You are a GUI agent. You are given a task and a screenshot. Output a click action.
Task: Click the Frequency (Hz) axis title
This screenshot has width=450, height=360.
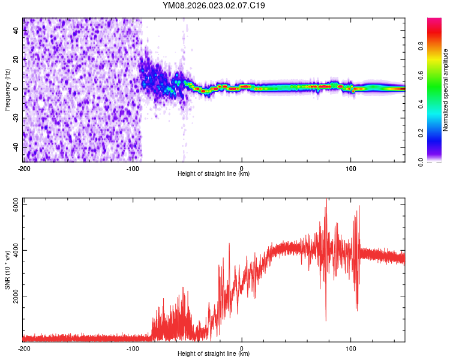(7, 90)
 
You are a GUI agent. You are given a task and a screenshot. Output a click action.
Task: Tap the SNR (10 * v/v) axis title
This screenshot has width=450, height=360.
(7, 269)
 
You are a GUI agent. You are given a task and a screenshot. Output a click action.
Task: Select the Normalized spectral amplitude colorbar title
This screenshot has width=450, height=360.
(445, 90)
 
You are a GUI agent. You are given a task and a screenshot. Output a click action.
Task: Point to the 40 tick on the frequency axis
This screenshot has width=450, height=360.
(16, 31)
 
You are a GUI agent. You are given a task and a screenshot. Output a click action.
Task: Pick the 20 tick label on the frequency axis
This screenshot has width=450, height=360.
(16, 59)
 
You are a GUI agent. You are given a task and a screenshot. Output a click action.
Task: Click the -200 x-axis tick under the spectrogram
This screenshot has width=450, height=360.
(24, 168)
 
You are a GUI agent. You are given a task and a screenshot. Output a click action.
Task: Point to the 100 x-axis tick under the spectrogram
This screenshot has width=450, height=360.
(350, 168)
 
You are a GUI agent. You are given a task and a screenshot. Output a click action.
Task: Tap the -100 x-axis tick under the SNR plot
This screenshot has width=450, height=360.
(133, 348)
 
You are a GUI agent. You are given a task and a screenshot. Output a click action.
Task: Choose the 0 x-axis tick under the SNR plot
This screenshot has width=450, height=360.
(242, 348)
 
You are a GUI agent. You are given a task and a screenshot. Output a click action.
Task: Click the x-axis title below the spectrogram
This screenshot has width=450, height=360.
(214, 174)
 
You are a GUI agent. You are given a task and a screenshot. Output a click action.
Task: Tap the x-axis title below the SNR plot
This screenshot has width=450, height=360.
(214, 354)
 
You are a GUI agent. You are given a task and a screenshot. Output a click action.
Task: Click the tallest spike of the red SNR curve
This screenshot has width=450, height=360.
(326, 200)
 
